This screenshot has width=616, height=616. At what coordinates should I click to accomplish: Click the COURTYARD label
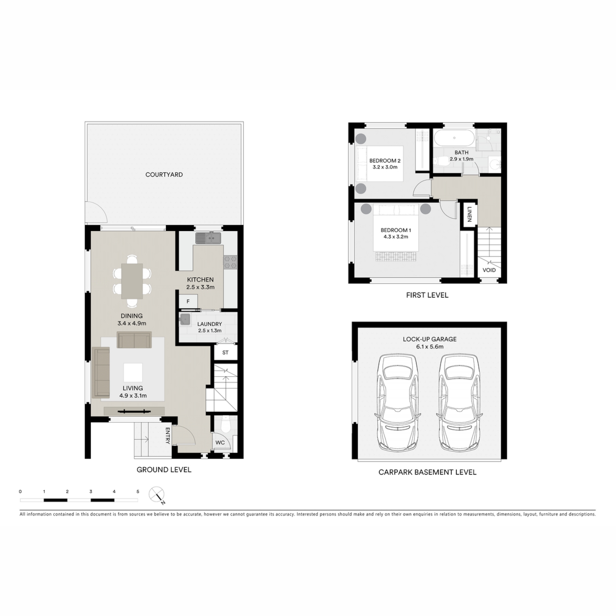164,175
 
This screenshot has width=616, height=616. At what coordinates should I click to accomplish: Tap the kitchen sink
208,238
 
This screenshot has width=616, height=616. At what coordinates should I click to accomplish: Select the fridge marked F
188,301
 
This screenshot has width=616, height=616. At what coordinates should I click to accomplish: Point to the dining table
132,281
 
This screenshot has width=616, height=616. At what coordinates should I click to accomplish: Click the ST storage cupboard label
226,353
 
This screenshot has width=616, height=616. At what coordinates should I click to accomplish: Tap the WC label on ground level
220,442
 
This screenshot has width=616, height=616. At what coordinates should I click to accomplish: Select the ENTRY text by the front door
167,436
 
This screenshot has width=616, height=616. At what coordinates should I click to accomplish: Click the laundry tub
185,320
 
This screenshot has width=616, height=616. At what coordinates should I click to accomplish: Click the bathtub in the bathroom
454,138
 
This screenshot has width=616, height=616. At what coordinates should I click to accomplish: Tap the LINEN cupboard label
469,214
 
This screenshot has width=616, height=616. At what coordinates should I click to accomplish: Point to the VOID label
489,270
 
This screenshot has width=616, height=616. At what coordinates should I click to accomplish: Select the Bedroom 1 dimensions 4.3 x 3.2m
396,237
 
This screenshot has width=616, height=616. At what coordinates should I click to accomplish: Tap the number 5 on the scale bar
138,492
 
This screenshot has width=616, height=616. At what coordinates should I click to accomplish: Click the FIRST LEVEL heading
427,295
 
